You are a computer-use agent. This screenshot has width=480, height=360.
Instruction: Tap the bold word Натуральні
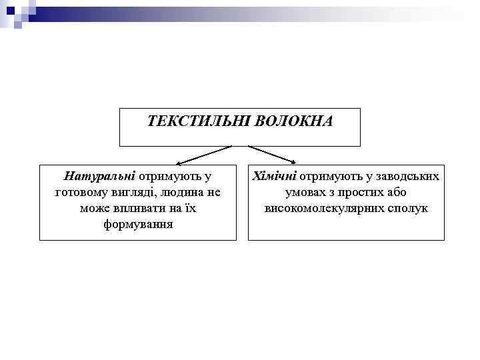[x=99, y=177]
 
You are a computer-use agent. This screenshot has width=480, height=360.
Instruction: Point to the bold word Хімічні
[x=273, y=177]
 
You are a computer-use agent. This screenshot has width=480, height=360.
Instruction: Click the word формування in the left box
[x=138, y=224]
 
